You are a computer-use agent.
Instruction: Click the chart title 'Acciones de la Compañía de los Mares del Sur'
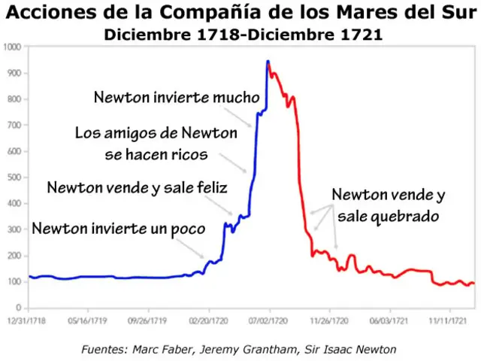coord(240,13)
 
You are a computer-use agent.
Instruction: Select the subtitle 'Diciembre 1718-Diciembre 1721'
coord(242,34)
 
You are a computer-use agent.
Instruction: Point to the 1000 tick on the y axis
coord(14,47)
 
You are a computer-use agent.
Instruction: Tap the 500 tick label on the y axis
coord(14,177)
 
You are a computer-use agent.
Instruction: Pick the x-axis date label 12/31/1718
coord(28,319)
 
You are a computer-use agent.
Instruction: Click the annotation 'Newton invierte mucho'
coord(177,98)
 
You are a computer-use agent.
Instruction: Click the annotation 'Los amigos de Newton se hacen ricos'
coord(156,144)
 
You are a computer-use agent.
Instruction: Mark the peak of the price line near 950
coord(268,61)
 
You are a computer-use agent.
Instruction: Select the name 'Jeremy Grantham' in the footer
coord(250,349)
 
